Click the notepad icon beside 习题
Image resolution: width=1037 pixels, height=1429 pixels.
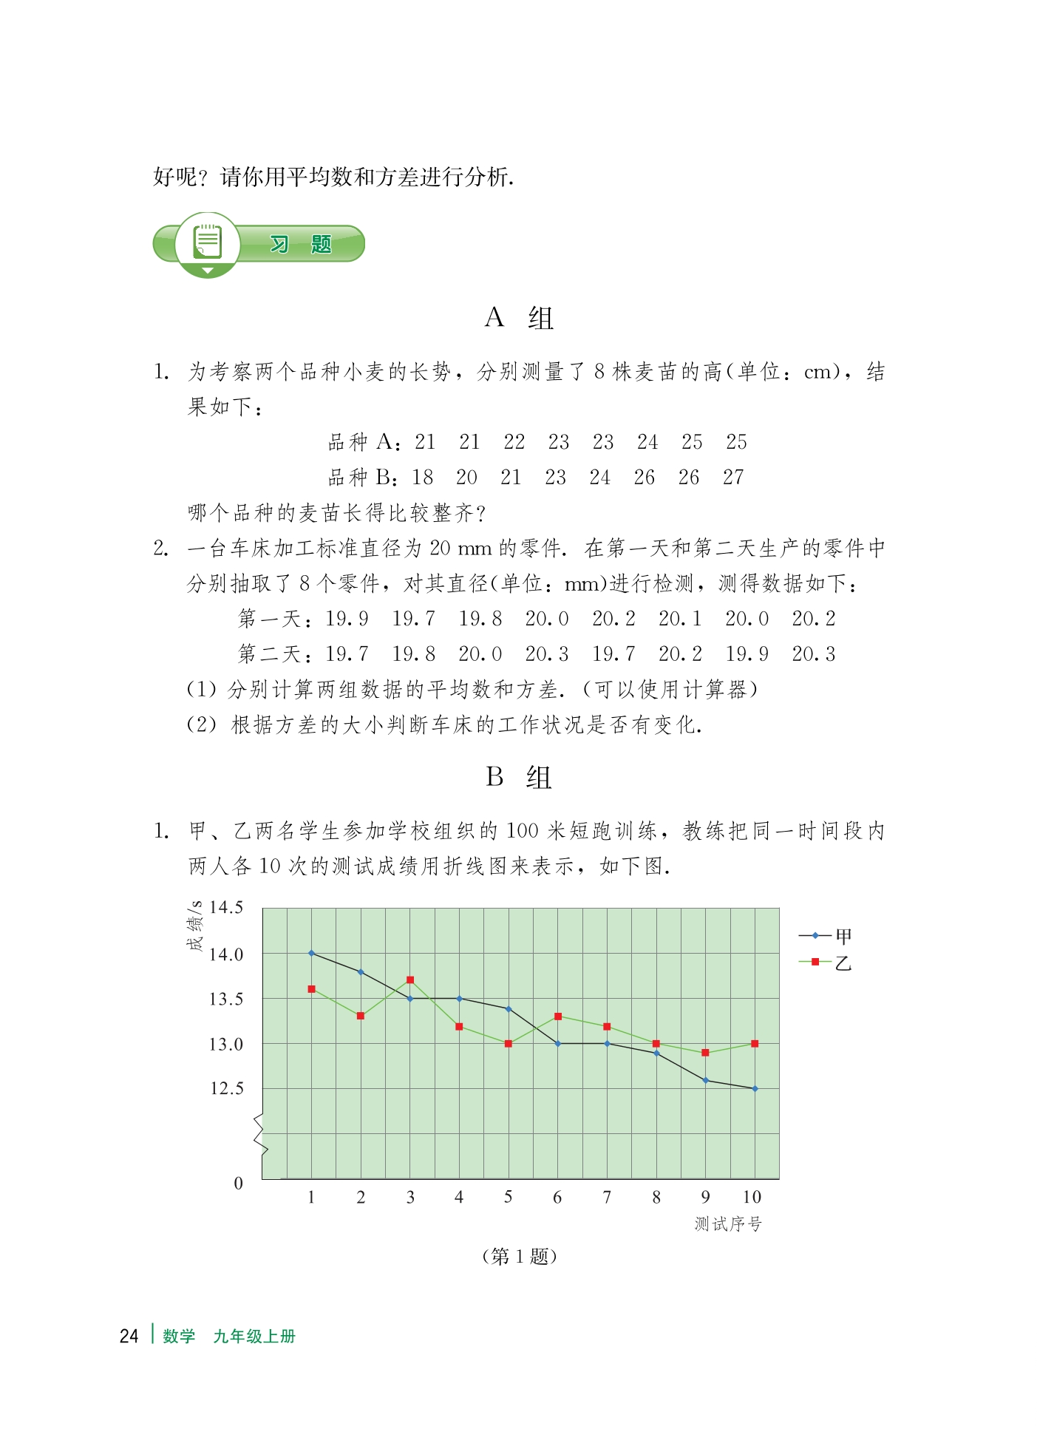[208, 241]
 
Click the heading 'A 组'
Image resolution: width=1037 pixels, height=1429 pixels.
[519, 318]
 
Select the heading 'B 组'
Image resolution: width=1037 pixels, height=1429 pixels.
[519, 777]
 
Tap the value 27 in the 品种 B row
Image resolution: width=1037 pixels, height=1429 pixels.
[733, 478]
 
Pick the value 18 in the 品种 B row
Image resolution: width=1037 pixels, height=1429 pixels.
[423, 478]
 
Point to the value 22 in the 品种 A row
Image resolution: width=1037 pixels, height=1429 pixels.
[514, 442]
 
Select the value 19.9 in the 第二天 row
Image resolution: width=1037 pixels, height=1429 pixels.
[747, 654]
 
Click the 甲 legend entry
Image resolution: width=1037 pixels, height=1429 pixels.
[826, 937]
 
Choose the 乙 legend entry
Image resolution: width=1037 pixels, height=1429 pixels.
[826, 963]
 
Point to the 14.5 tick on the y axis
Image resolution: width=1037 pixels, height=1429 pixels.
[225, 908]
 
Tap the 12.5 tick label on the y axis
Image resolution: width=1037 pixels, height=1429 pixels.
[225, 1089]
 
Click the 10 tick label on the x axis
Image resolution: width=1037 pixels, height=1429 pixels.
[752, 1197]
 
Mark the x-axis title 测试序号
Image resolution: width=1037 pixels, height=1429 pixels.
[728, 1224]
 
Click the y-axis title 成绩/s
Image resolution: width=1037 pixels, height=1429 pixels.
[194, 926]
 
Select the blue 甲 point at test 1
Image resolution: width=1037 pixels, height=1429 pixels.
[311, 953]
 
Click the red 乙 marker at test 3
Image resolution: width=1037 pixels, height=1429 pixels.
[410, 980]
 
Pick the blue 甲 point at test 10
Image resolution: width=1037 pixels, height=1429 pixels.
[755, 1089]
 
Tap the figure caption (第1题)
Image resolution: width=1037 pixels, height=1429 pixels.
[519, 1257]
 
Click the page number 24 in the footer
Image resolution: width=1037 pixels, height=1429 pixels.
[129, 1337]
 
